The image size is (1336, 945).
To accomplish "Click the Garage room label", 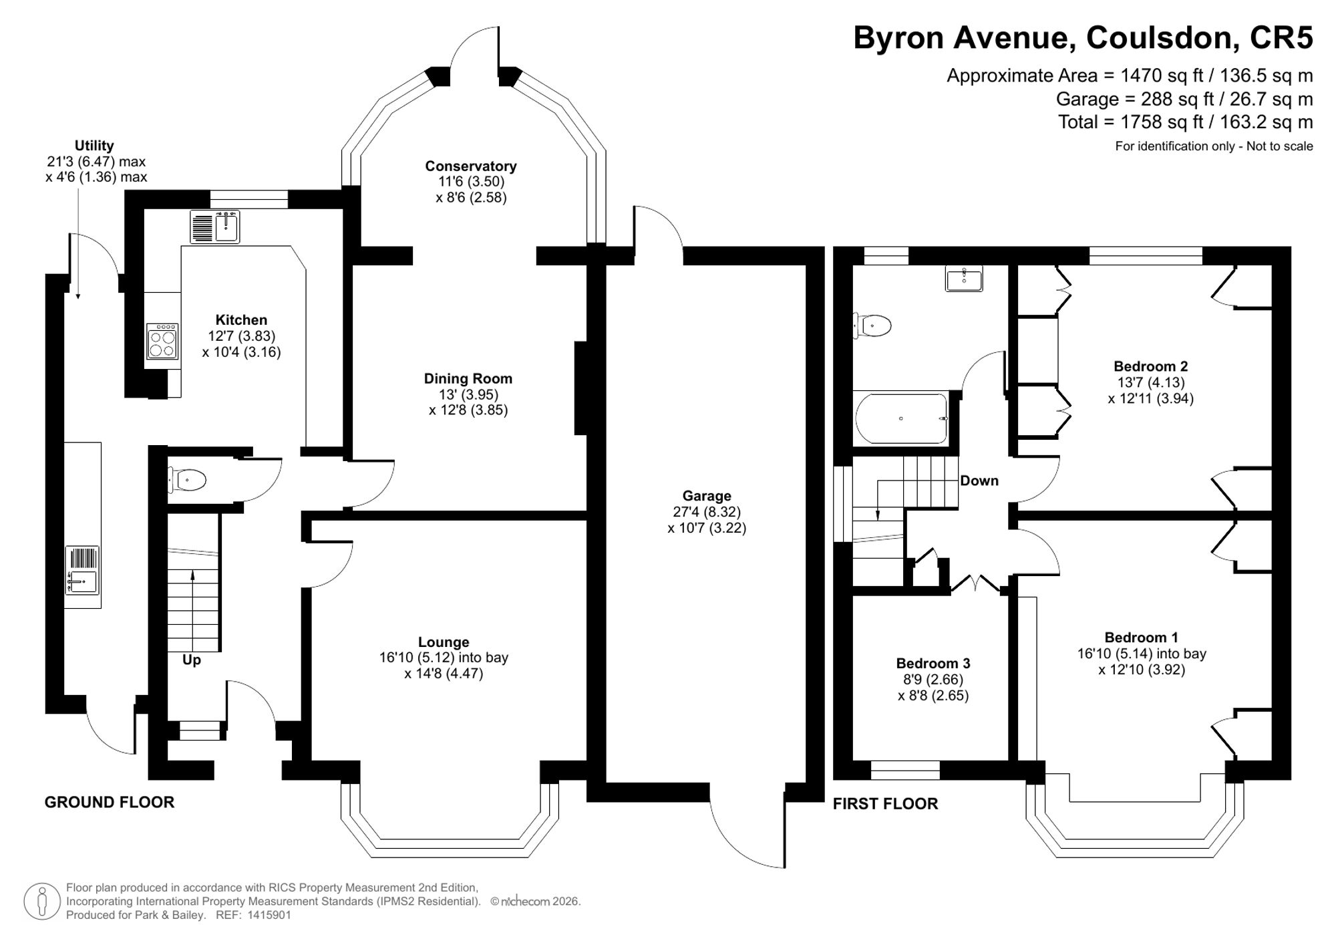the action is click(x=707, y=496).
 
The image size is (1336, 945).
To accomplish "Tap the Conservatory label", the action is click(x=471, y=166).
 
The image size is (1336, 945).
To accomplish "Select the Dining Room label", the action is click(x=468, y=378).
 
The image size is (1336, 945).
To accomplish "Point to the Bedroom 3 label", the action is click(x=933, y=663).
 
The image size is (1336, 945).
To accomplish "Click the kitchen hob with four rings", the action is click(x=163, y=342).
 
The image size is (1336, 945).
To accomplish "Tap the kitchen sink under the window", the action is click(x=214, y=227).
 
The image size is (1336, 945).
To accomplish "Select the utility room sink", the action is click(x=82, y=570).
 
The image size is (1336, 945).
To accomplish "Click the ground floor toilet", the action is click(x=187, y=480).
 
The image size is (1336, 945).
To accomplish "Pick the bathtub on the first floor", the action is click(x=901, y=418).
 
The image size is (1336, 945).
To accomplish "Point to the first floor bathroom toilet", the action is click(x=872, y=326).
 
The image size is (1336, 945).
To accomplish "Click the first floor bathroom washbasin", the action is click(x=964, y=278).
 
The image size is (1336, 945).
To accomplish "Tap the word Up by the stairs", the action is click(x=192, y=660).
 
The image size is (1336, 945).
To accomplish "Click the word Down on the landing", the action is click(x=979, y=481).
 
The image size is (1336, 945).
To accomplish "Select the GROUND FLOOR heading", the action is click(x=110, y=802).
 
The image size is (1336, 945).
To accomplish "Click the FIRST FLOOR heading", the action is click(x=885, y=803).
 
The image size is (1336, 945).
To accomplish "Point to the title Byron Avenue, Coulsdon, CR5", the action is click(x=1083, y=38).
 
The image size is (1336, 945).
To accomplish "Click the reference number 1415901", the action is click(x=269, y=915).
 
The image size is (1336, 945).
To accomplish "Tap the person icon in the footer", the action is click(x=43, y=902).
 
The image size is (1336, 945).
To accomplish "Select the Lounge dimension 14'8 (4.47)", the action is click(x=444, y=674).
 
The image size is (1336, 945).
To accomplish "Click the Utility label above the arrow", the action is click(x=94, y=146).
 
